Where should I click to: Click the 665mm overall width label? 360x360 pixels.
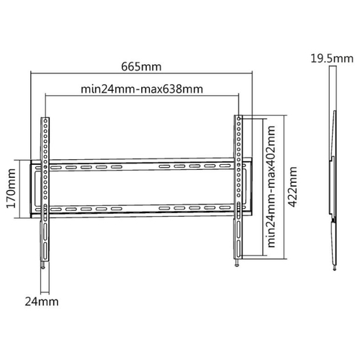[141, 67]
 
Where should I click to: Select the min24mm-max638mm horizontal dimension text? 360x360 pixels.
[142, 89]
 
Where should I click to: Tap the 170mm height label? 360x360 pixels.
[12, 188]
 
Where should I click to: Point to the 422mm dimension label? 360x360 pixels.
[292, 186]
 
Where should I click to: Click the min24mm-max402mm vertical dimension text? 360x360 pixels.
[271, 186]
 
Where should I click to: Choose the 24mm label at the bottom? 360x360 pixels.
[42, 302]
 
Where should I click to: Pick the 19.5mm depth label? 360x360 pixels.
[332, 59]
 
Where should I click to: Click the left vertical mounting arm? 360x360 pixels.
[45, 189]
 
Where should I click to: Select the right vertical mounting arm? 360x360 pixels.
[238, 187]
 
